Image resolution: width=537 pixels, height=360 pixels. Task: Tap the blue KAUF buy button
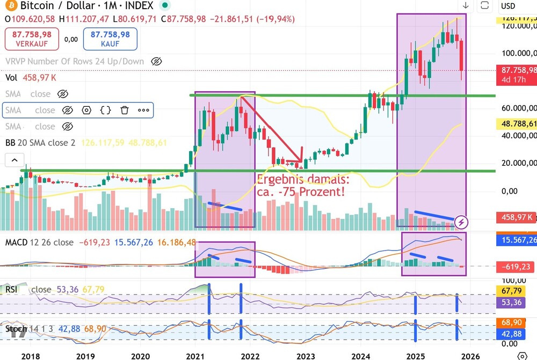coord(110,39)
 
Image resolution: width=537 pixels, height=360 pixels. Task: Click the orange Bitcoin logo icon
coord(10,6)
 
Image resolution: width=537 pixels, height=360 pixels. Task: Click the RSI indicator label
coord(11,290)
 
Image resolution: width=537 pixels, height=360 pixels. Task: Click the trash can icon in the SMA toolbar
coord(125,111)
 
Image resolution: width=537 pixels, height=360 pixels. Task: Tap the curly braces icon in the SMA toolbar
coord(106,111)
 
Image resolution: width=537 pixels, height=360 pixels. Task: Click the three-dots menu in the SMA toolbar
coord(143,111)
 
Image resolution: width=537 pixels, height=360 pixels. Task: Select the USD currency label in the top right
coord(507,6)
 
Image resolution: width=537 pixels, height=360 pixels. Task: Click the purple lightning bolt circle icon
coord(461,222)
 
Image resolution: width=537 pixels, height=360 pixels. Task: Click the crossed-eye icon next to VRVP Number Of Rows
coord(156,61)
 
